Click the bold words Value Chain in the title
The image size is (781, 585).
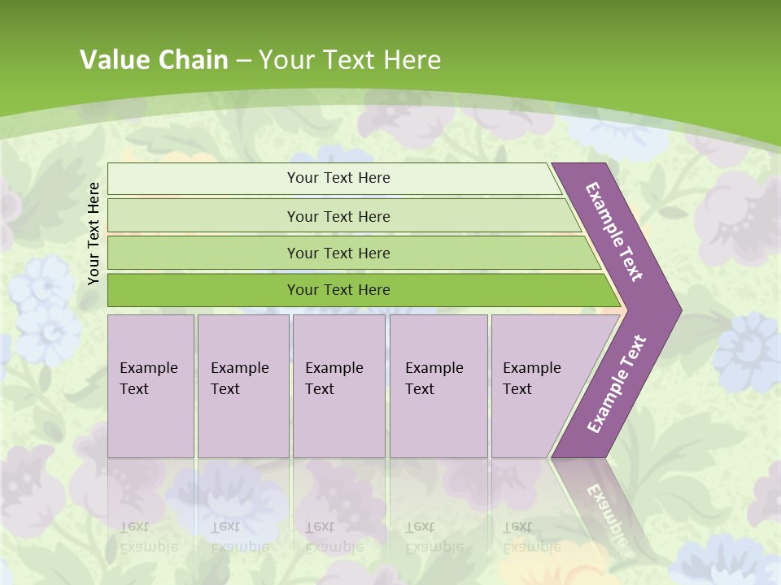click(154, 59)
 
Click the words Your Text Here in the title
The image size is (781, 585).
click(350, 59)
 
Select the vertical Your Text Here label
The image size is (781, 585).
click(94, 233)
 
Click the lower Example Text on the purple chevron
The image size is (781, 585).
click(616, 384)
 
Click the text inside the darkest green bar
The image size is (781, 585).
click(338, 290)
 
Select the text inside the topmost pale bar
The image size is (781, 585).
click(338, 178)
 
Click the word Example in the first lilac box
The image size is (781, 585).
click(148, 368)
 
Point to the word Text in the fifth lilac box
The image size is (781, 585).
click(517, 389)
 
